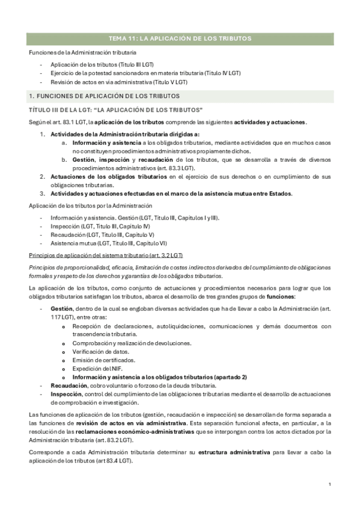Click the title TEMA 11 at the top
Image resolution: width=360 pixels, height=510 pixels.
[x=180, y=38]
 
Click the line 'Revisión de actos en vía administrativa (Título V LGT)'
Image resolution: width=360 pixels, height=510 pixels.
[x=119, y=81]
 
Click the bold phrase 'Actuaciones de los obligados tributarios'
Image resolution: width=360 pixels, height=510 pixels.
[x=109, y=177]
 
